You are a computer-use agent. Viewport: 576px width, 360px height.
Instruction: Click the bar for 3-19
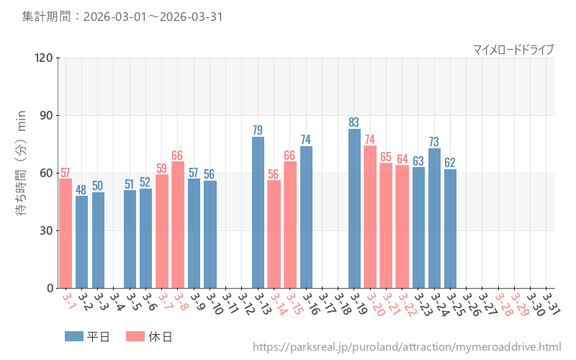tap(354, 209)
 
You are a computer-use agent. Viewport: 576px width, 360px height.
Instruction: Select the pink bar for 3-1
tap(66, 233)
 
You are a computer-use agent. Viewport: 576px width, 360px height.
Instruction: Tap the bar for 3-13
tap(258, 212)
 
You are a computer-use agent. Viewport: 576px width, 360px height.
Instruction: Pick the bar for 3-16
tap(306, 217)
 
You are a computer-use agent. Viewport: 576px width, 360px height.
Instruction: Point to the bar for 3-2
tap(81, 242)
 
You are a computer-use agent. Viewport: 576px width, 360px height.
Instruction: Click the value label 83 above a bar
tap(354, 122)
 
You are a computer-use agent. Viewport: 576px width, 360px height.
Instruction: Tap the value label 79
tap(258, 130)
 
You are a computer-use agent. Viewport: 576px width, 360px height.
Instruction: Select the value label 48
tap(81, 190)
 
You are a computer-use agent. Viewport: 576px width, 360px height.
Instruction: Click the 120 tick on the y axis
tap(44, 58)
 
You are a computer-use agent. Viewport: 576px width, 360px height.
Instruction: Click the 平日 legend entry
tap(87, 336)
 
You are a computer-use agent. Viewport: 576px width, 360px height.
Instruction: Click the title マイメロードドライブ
tap(513, 49)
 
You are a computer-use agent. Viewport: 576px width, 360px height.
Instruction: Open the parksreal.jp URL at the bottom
tap(407, 347)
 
